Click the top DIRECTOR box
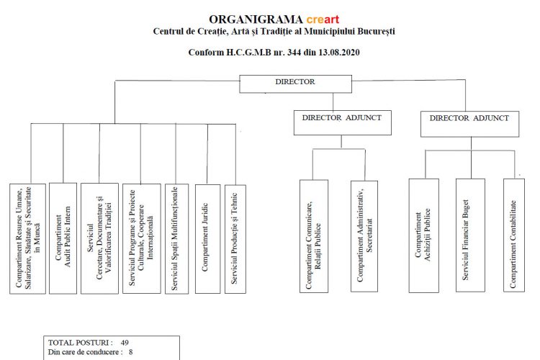(295, 83)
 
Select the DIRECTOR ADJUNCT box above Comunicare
(342, 122)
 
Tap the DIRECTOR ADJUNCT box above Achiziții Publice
(469, 123)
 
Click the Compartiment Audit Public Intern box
(63, 238)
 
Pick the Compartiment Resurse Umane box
(28, 238)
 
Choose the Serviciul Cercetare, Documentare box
(99, 238)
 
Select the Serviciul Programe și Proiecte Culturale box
(142, 238)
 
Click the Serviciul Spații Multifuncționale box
(176, 238)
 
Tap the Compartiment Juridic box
(207, 238)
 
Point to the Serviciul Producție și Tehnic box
(235, 238)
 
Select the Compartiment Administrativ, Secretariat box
(364, 236)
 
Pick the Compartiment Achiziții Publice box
(423, 235)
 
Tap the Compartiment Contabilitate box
(514, 235)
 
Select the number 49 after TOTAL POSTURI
(125, 342)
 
